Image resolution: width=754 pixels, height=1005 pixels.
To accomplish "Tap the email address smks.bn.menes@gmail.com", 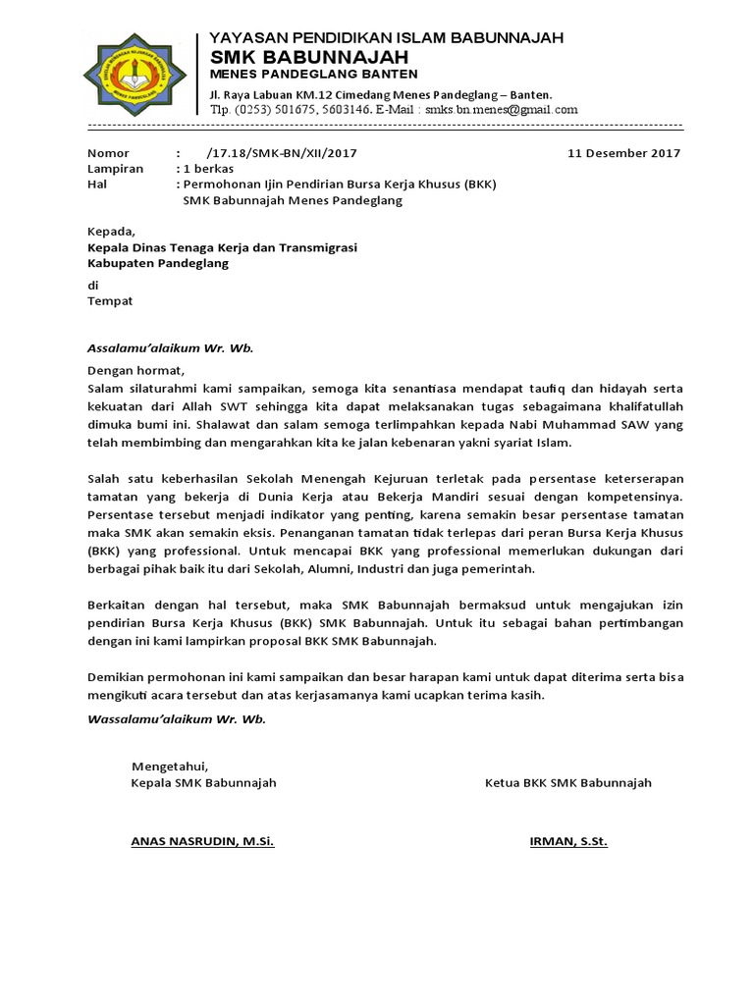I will tap(502, 110).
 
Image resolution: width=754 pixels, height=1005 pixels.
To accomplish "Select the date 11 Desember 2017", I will tap(624, 153).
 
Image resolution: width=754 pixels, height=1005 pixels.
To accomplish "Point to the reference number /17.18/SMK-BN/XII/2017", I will tap(282, 153).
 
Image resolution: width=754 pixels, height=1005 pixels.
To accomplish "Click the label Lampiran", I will tap(115, 169).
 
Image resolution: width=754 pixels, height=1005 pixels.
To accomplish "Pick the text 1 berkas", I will tap(208, 169).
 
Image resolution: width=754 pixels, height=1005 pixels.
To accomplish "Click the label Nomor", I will tap(108, 153).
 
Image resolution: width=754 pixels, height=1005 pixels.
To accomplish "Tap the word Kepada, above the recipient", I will tap(110, 233).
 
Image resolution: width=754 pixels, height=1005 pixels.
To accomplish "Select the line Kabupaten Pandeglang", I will tap(157, 264).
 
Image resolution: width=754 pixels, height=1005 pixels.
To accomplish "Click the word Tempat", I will tap(110, 301).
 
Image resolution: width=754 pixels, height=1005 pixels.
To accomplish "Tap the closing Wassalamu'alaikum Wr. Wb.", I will tap(177, 718).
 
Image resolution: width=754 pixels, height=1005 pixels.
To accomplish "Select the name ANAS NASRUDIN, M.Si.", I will tap(202, 841).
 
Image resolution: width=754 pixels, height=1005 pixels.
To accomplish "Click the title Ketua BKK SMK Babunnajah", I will tap(567, 782).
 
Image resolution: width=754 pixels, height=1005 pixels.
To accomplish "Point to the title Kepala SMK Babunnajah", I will tap(203, 782).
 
